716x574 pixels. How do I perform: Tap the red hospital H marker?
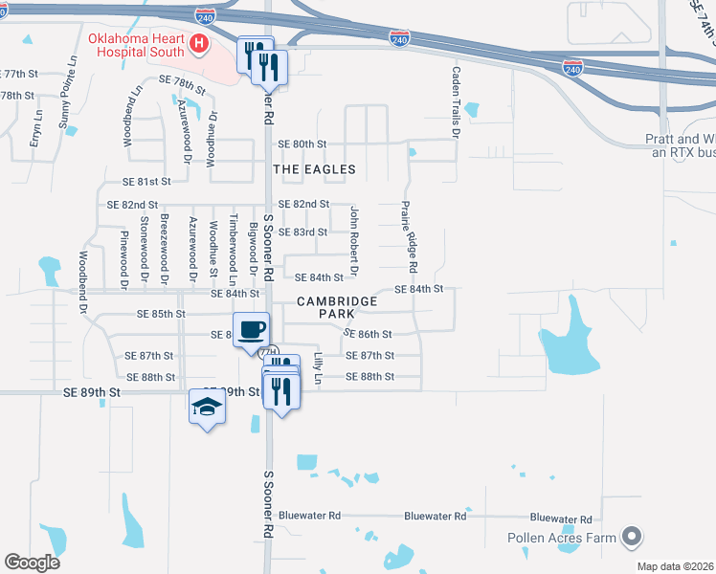click(x=198, y=42)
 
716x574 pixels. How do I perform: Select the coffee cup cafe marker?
click(x=251, y=329)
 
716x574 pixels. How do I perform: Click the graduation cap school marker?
click(x=207, y=407)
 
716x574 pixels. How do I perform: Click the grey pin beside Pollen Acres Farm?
click(x=631, y=538)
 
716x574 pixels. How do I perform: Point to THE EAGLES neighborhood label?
click(x=314, y=169)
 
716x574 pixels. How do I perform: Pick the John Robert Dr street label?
click(x=353, y=241)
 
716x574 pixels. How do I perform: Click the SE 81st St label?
click(x=146, y=181)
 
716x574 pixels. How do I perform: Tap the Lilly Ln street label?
click(x=318, y=369)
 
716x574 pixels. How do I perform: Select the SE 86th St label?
click(x=369, y=334)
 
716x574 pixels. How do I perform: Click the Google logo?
click(x=32, y=563)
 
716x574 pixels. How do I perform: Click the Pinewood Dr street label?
click(x=123, y=259)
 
